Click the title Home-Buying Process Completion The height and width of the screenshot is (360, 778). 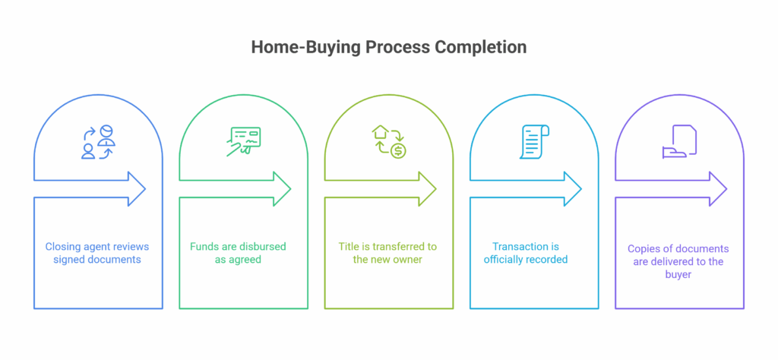pyautogui.click(x=388, y=47)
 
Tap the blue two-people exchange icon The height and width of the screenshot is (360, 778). pyautogui.click(x=98, y=142)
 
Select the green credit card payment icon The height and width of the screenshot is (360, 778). pyautogui.click(x=243, y=142)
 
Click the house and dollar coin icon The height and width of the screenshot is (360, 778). pyautogui.click(x=389, y=142)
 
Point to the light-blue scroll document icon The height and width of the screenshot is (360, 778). pyautogui.click(x=534, y=142)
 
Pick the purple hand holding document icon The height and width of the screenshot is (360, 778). pyautogui.click(x=679, y=141)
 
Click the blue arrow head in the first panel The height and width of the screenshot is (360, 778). pyautogui.click(x=137, y=189)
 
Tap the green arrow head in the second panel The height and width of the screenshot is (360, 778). pyautogui.click(x=282, y=189)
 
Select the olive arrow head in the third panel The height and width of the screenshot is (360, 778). pyautogui.click(x=427, y=189)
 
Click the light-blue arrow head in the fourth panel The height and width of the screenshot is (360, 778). pyautogui.click(x=573, y=189)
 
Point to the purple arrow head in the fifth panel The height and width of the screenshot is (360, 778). pyautogui.click(x=718, y=189)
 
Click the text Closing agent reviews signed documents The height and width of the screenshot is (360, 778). pyautogui.click(x=97, y=253)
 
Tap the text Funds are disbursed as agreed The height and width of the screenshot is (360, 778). pyautogui.click(x=238, y=253)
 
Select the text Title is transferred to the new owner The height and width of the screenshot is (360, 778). pyautogui.click(x=387, y=253)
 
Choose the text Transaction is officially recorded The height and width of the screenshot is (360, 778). pyautogui.click(x=526, y=253)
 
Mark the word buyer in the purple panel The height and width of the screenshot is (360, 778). pyautogui.click(x=678, y=274)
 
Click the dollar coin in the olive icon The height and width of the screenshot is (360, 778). pyautogui.click(x=398, y=151)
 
